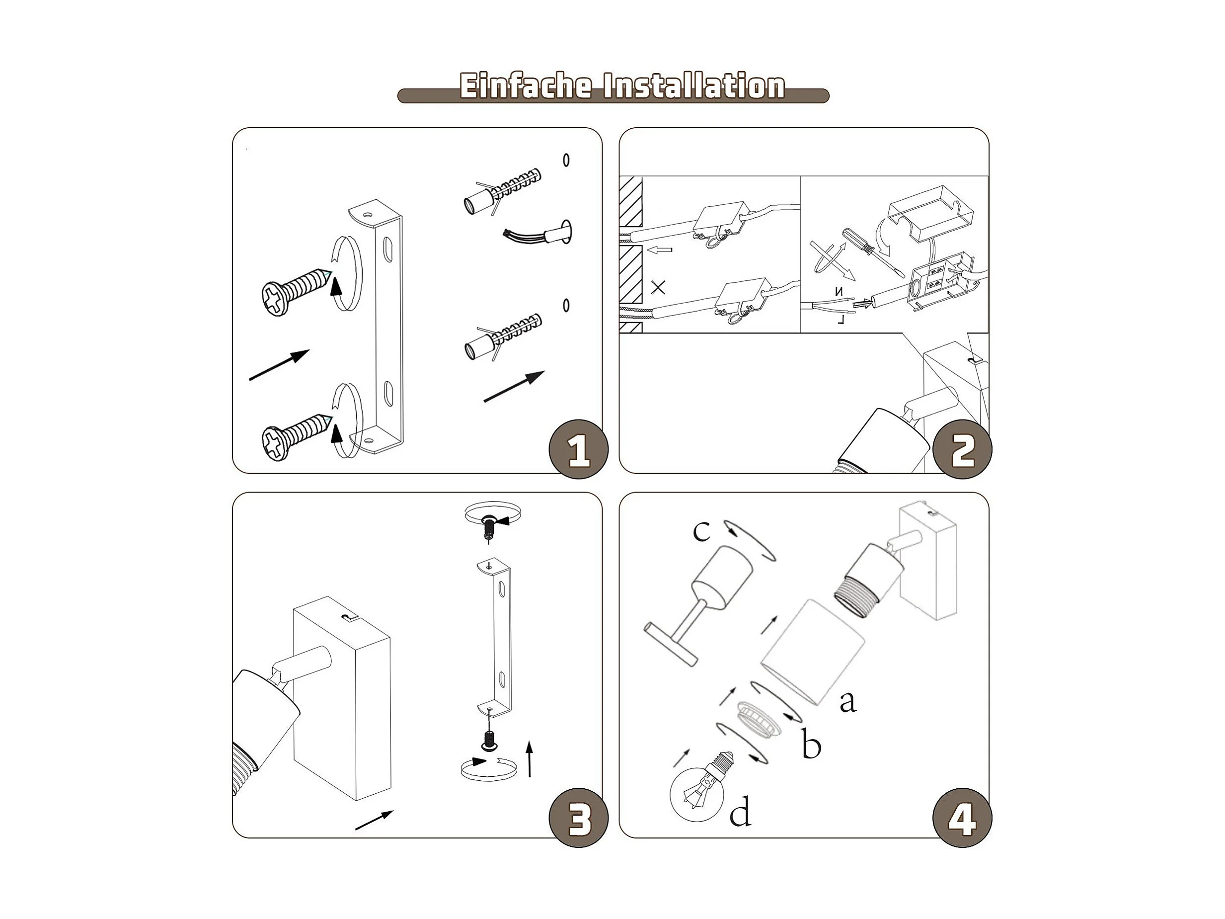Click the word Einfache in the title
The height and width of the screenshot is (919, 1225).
pyautogui.click(x=526, y=86)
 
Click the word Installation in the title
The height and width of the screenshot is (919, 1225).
pyautogui.click(x=694, y=86)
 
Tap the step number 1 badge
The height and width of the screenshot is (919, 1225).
pyautogui.click(x=578, y=449)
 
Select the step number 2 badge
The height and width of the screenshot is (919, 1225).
pyautogui.click(x=963, y=449)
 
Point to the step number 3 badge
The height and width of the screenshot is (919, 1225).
pyautogui.click(x=578, y=818)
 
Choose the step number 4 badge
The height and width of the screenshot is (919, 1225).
pyautogui.click(x=963, y=818)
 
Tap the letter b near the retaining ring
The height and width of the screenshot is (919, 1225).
pyautogui.click(x=811, y=744)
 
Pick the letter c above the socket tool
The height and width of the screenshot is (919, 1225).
pyautogui.click(x=700, y=531)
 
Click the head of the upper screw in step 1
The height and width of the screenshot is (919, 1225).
pyautogui.click(x=274, y=299)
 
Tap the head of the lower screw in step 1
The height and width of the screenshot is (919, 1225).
pyautogui.click(x=274, y=443)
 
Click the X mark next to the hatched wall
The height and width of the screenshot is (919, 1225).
pyautogui.click(x=658, y=287)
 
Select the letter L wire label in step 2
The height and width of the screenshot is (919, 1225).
pyautogui.click(x=841, y=319)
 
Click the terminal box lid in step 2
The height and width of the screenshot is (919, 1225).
pyautogui.click(x=930, y=214)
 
